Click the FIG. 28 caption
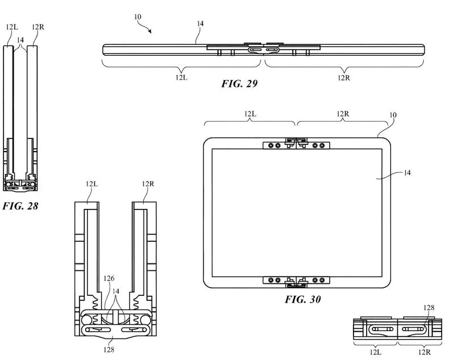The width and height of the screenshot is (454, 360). [x=21, y=206]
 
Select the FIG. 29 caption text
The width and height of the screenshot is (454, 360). [x=239, y=84]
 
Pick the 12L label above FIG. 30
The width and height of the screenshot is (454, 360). [x=250, y=114]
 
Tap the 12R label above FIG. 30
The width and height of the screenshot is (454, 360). [x=343, y=114]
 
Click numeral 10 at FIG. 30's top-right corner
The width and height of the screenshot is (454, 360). [x=393, y=115]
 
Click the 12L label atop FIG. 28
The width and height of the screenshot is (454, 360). [x=10, y=27]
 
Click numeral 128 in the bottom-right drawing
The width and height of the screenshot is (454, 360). [x=430, y=307]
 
